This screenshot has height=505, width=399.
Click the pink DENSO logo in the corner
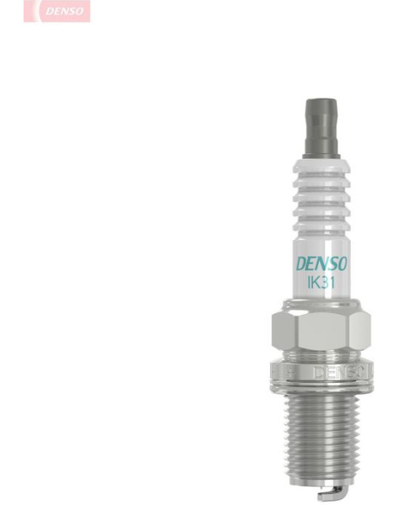(57, 11)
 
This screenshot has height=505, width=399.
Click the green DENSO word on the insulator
(322, 264)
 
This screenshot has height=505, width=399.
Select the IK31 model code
(321, 283)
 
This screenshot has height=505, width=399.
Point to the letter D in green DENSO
(301, 264)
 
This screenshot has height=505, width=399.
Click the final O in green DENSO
(342, 263)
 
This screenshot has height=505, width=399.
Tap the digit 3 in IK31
(323, 283)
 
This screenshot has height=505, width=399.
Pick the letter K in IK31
(314, 283)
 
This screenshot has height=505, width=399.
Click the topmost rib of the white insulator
(322, 169)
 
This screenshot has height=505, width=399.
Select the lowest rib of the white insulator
(322, 226)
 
